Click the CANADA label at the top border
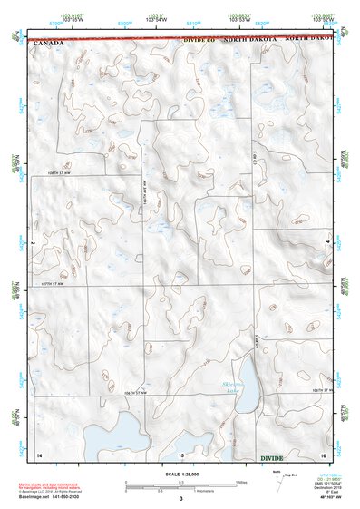[x=48, y=43]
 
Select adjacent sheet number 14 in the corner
[x=39, y=453]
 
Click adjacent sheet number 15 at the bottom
[x=180, y=453]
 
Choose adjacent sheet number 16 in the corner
[x=322, y=453]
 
